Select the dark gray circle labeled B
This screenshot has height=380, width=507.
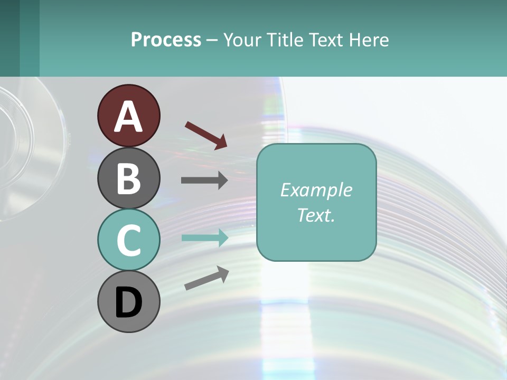coord(128,178)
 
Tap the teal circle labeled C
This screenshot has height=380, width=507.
coord(128,240)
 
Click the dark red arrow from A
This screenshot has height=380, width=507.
coord(206,135)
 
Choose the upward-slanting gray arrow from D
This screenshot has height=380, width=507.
coord(206,278)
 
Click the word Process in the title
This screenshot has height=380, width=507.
coord(166,40)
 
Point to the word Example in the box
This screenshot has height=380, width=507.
coord(316,190)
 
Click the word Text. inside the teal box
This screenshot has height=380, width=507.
coord(316,215)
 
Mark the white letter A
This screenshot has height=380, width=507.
coord(128,117)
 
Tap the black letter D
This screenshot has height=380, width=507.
coord(128,303)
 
